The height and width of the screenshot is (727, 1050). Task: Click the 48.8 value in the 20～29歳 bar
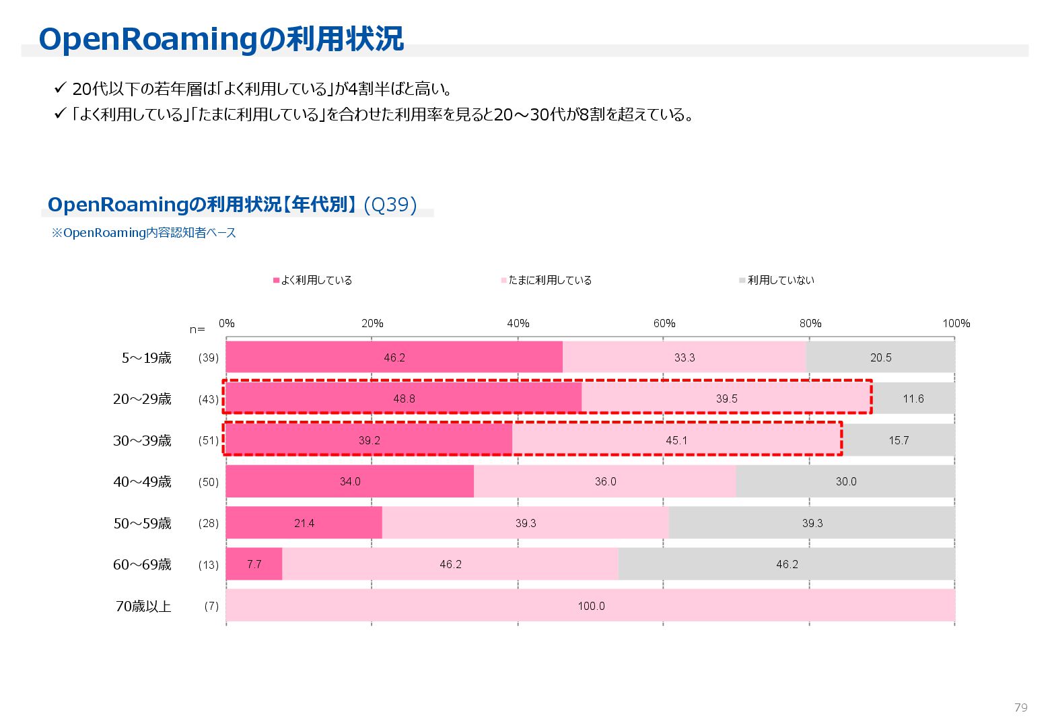[404, 399]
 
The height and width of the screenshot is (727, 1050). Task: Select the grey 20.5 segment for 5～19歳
[880, 357]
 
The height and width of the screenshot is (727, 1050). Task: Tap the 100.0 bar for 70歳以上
[591, 606]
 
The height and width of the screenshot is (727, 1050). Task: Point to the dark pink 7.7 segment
[254, 565]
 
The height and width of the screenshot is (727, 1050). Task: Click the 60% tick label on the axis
[664, 324]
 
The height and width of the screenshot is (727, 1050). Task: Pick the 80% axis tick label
[810, 324]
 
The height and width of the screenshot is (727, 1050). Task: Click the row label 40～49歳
[142, 482]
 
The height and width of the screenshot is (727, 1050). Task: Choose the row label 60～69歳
[142, 565]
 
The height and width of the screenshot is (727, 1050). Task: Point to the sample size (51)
[208, 441]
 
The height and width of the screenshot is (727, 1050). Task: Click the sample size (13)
[208, 565]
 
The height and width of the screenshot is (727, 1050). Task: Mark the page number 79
[1020, 707]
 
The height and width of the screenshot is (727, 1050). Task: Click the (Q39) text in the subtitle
[390, 205]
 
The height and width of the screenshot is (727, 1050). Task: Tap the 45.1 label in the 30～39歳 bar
[676, 441]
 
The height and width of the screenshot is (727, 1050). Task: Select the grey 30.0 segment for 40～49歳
[846, 482]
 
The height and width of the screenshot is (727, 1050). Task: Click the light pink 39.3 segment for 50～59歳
[526, 523]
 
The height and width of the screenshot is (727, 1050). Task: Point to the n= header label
[197, 330]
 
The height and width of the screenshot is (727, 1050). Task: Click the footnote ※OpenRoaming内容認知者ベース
[144, 233]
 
